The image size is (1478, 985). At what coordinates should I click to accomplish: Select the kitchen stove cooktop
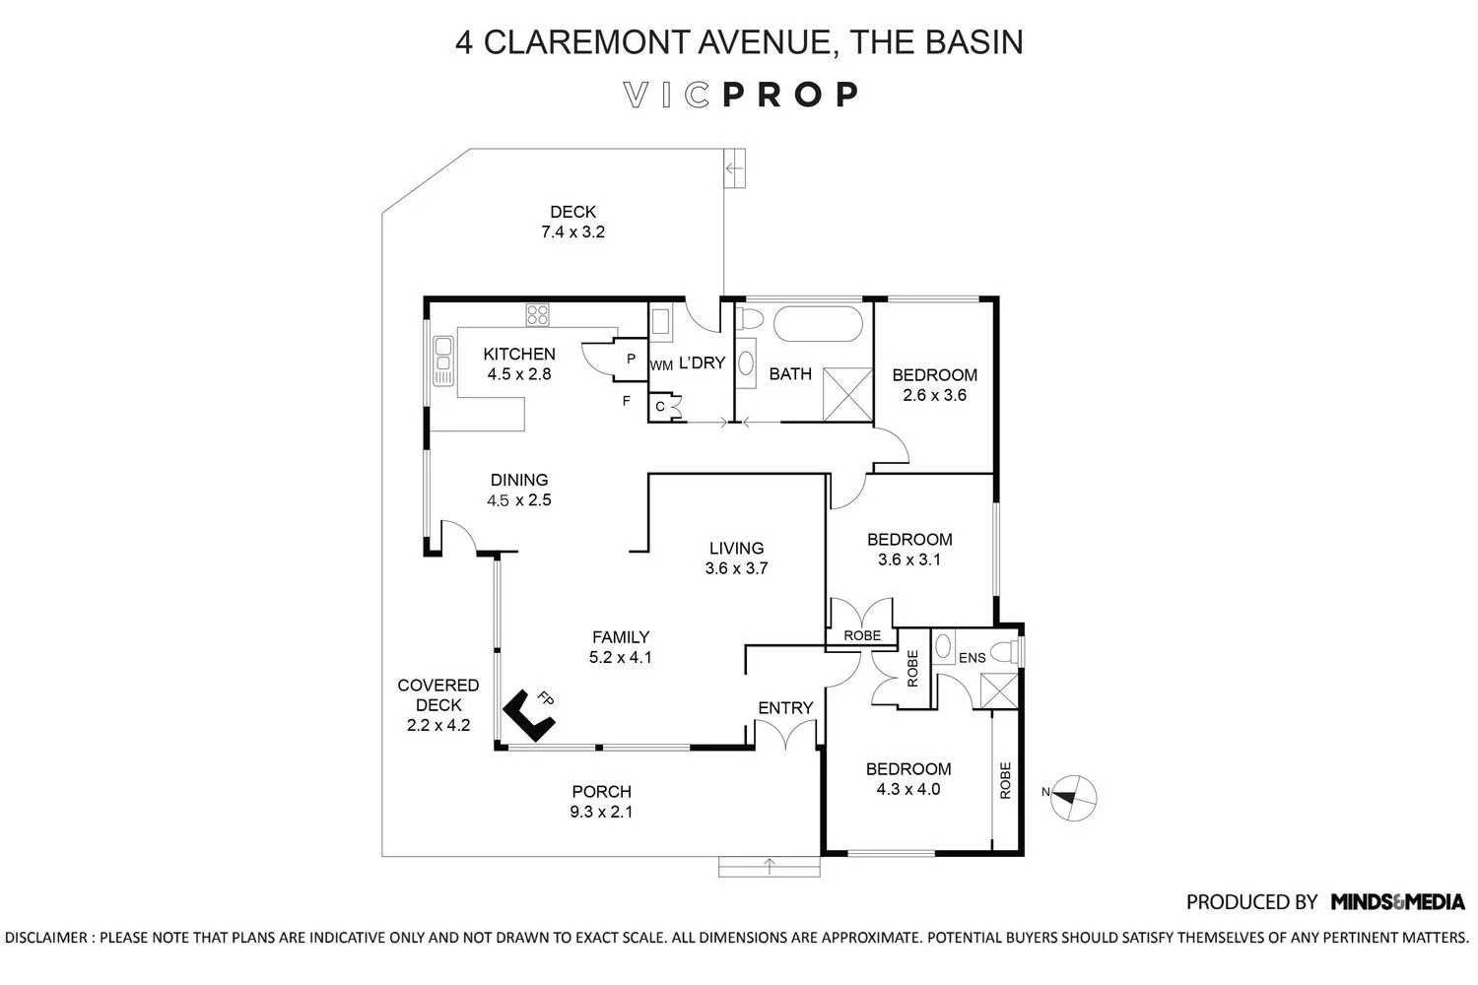click(537, 315)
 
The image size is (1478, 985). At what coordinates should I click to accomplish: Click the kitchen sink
click(442, 361)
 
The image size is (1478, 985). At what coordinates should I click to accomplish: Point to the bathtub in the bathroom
click(818, 324)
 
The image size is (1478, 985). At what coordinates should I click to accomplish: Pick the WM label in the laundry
click(661, 365)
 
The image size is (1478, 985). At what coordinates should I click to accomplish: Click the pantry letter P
click(631, 359)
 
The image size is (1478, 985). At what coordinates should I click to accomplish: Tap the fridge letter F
click(626, 401)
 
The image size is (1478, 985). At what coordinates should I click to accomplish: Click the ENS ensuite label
click(972, 657)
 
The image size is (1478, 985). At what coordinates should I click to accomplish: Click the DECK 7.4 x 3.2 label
click(572, 222)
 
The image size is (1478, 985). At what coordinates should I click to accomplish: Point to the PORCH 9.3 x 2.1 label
click(601, 802)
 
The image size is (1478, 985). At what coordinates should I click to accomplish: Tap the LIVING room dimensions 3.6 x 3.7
click(736, 568)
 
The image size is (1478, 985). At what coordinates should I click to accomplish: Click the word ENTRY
click(785, 707)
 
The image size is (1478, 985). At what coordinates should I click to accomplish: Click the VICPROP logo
click(741, 95)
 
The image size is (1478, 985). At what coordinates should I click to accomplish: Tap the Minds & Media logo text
click(1397, 901)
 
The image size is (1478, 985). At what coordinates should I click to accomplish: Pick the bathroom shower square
click(848, 393)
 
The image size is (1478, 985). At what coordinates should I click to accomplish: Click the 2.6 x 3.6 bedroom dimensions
click(934, 395)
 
